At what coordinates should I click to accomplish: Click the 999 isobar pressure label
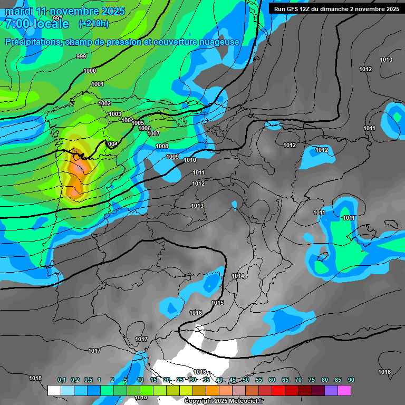[81, 56]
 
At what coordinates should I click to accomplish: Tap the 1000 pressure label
[90, 71]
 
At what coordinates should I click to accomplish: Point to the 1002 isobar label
[104, 103]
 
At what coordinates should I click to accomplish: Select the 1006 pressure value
[144, 128]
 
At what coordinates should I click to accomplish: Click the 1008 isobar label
[162, 146]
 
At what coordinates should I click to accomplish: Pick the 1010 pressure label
[190, 160]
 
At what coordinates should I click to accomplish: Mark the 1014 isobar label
[238, 276]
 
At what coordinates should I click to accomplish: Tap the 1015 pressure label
[217, 303]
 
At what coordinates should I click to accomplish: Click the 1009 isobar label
[172, 157]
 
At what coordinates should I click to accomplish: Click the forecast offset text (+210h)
[93, 23]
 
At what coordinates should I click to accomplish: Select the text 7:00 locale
[37, 24]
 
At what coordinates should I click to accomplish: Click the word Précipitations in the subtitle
[32, 42]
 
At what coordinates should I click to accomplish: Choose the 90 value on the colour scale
[351, 380]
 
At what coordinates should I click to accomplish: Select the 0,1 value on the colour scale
[62, 380]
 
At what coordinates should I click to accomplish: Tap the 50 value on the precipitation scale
[246, 380]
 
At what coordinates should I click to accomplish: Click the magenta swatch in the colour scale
[344, 390]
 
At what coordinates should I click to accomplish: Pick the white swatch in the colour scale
[54, 390]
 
